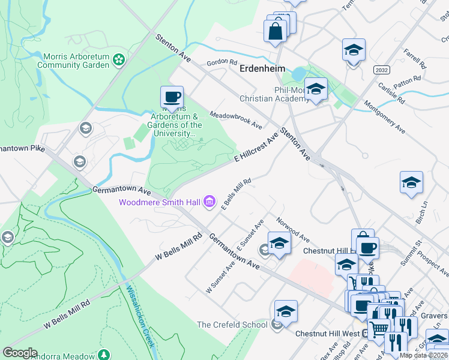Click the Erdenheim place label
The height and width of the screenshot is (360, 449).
[262, 68]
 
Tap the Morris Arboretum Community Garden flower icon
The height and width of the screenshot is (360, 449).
[119, 59]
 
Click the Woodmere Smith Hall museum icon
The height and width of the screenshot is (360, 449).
[209, 202]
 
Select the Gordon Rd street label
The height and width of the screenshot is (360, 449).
[222, 62]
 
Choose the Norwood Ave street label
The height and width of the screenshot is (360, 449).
[293, 227]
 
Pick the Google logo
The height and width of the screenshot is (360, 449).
[20, 352]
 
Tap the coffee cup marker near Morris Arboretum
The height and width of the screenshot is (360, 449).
[172, 97]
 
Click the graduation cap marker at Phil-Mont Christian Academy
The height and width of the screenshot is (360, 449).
[315, 89]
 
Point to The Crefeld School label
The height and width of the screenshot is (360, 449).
[232, 325]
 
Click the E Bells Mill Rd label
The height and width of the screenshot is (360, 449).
[235, 194]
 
